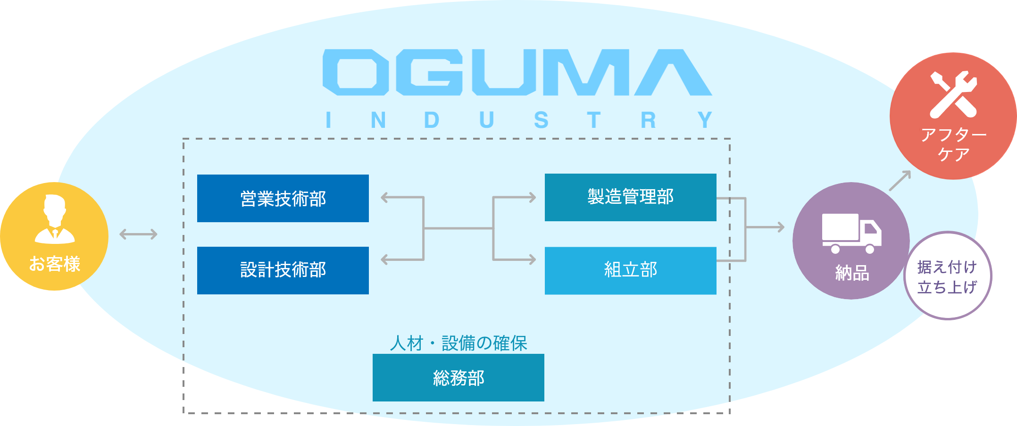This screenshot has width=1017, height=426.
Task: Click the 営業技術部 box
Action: tap(283, 198)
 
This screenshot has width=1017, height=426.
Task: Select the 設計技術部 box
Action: tap(283, 270)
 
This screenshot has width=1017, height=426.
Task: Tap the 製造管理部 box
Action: tap(630, 197)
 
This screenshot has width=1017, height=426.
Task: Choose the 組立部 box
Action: tap(630, 270)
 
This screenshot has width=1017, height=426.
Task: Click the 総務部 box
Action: tap(458, 377)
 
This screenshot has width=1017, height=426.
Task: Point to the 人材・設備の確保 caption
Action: tap(458, 343)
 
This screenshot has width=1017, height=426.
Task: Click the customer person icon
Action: tap(55, 219)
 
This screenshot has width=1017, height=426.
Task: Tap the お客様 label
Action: tap(55, 264)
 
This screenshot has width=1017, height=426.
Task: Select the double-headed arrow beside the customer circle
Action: tap(138, 234)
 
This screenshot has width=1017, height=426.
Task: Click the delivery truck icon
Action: tap(851, 233)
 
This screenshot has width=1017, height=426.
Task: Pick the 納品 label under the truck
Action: tap(851, 273)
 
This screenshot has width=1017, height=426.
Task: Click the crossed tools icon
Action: tap(953, 94)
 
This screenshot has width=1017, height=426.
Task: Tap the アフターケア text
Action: tap(953, 144)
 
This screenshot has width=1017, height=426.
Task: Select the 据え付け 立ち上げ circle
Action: tap(947, 276)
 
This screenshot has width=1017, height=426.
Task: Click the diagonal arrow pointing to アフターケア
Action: tap(900, 180)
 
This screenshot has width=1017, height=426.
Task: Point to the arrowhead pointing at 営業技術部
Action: tap(385, 198)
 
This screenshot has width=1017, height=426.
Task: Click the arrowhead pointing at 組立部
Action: tap(532, 259)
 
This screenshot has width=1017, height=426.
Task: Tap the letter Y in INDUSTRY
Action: tap(705, 120)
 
